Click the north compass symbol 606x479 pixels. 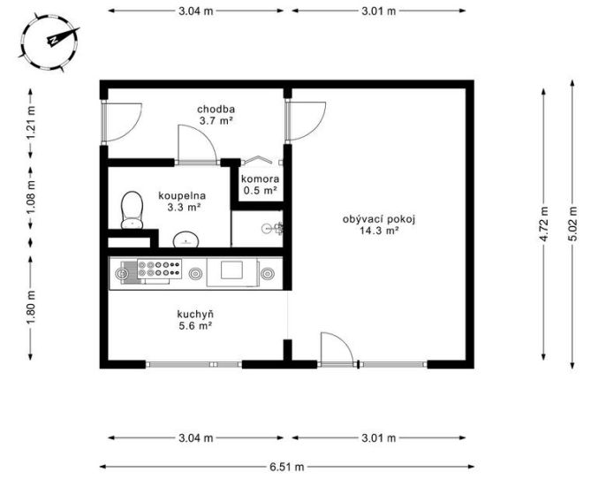[x=49, y=42]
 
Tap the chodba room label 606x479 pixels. [x=216, y=109]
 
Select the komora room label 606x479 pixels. [x=260, y=179]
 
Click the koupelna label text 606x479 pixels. [x=182, y=195]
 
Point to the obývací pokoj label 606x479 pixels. [x=379, y=219]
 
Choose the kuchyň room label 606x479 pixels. [x=195, y=314]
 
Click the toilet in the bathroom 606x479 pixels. [x=133, y=210]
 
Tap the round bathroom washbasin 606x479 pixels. [x=186, y=239]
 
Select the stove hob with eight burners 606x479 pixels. [x=160, y=269]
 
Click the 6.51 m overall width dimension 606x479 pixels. [x=287, y=467]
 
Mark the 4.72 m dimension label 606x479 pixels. [x=544, y=224]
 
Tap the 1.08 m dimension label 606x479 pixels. [x=31, y=198]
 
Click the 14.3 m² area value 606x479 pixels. [x=379, y=231]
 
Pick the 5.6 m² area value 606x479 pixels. [x=195, y=325]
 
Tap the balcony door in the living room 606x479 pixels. [x=337, y=349]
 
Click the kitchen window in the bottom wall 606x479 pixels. [x=193, y=364]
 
